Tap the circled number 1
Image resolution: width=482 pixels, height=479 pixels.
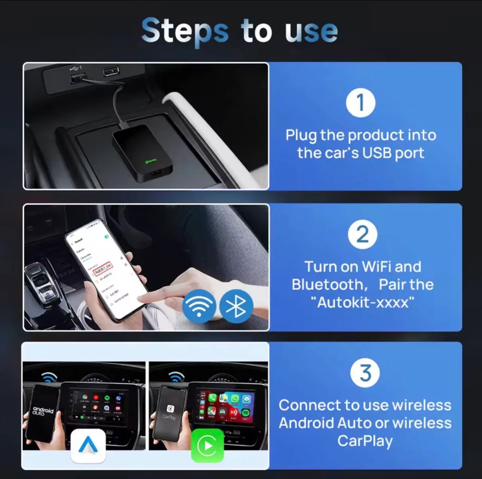pos(360,103)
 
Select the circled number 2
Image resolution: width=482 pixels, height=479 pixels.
pos(362,235)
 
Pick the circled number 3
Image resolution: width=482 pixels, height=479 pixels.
pos(365,373)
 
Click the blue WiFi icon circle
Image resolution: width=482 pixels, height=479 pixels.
pos(199,306)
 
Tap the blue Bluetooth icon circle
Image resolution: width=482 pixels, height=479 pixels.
pos(236,306)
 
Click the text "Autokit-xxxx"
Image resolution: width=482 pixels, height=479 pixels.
pos(362,302)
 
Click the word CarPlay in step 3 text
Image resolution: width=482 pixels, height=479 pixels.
pos(365,441)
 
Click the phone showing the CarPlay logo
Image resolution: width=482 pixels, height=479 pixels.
pos(169,413)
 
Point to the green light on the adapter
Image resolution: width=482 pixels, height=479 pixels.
pos(149,161)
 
